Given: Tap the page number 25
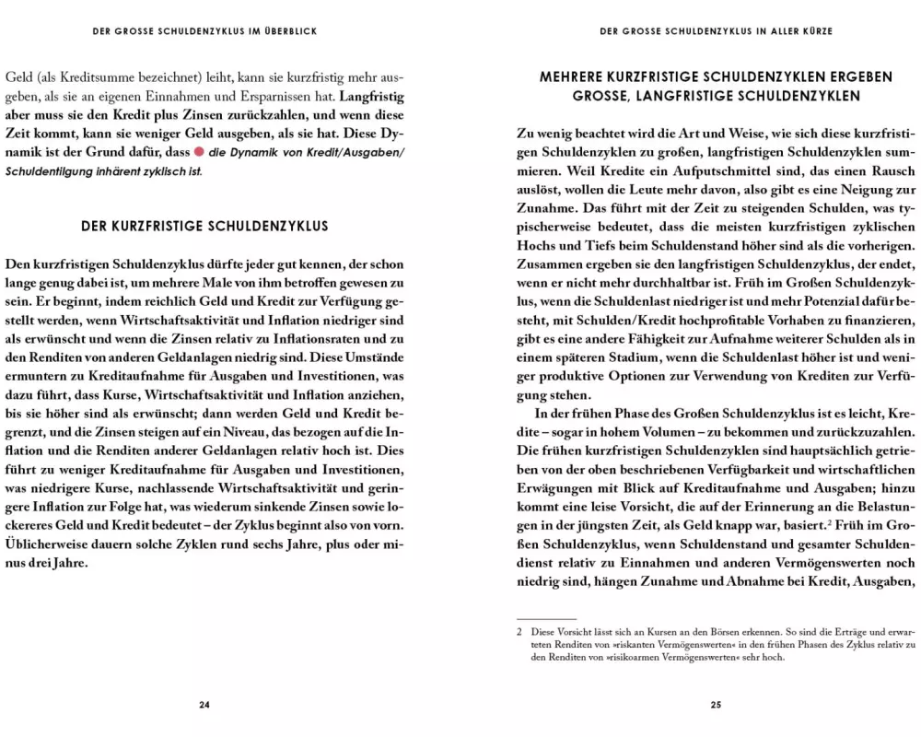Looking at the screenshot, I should tap(716, 705).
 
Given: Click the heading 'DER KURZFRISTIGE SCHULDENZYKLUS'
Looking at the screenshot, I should tap(204, 226).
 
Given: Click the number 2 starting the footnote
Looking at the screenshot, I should tap(520, 632).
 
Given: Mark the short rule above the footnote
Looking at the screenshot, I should tap(546, 619).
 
